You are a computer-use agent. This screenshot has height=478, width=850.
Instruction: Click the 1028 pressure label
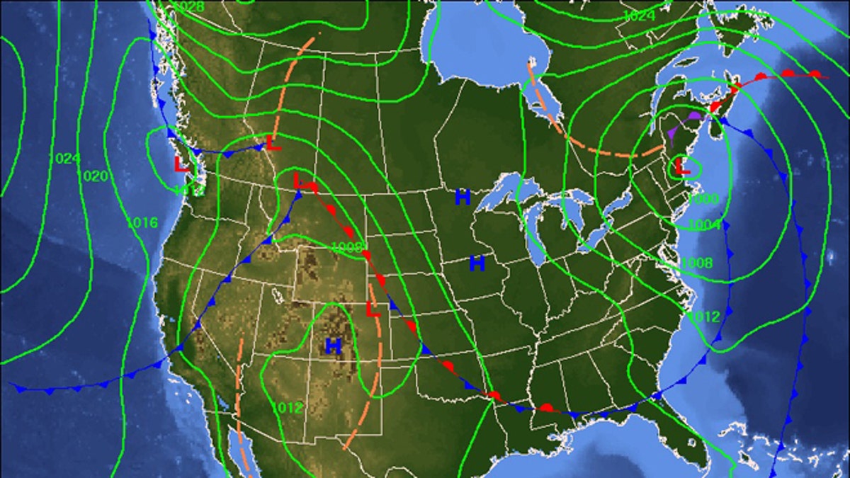(189, 7)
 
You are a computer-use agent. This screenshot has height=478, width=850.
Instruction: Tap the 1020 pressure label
(94, 176)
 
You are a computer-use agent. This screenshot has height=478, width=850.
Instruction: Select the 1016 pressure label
(142, 222)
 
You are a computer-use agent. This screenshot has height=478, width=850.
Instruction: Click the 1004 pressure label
(705, 225)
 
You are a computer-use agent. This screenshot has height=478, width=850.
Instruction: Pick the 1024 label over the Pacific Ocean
(67, 159)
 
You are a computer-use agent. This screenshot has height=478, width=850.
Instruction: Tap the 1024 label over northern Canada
(639, 16)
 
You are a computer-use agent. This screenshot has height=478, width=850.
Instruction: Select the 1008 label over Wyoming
(347, 247)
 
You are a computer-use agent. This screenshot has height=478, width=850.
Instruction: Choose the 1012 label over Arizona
(287, 408)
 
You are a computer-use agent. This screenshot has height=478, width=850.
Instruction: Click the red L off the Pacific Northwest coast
(182, 164)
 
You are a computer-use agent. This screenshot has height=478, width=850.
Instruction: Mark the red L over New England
(682, 167)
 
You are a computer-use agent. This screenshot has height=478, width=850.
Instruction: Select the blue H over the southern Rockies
(333, 346)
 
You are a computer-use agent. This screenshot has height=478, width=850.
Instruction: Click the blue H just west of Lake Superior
(463, 198)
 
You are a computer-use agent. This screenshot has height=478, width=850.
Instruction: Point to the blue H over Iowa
(477, 264)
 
